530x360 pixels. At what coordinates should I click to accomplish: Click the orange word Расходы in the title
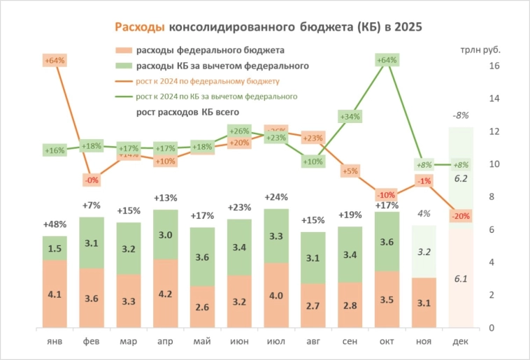pos(140,27)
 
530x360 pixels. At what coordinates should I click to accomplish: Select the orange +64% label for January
pos(55,61)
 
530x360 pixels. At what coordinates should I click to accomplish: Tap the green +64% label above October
pos(387,61)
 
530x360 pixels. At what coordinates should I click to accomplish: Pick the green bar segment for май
pos(202,257)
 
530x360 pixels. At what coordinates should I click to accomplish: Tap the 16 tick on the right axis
pos(494,66)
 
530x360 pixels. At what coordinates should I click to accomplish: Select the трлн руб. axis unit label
pos(480,50)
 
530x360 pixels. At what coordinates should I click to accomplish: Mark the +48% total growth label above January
pos(55,225)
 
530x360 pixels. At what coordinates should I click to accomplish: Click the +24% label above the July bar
pos(276,197)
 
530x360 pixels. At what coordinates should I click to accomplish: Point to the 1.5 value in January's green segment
pos(55,249)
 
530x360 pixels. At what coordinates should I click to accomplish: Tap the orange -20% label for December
pos(461,216)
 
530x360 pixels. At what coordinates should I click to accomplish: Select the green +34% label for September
pos(350,117)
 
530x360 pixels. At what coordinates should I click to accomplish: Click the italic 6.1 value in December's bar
pos(461,279)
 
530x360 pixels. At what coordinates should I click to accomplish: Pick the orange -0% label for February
pos(92,180)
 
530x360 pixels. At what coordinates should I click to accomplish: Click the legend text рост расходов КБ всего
pos(187,112)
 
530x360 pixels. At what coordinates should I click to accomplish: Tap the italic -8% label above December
pos(461,115)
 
